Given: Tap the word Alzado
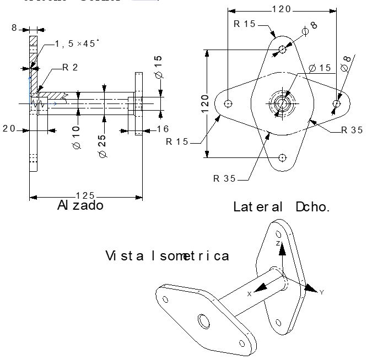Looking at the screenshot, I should point(80,206).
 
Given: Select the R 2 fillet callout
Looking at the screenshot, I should point(70,67).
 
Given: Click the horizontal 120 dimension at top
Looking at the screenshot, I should point(282,9).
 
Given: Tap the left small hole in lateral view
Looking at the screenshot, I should point(229,103).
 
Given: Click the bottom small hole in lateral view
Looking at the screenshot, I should point(283,157).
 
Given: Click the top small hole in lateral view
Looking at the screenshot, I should point(283,49).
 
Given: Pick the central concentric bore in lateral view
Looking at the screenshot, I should point(283,103).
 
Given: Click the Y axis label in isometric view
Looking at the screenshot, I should point(321,292).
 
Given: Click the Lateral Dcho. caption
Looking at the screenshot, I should point(282,208).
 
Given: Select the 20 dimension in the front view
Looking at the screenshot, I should point(9,129).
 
